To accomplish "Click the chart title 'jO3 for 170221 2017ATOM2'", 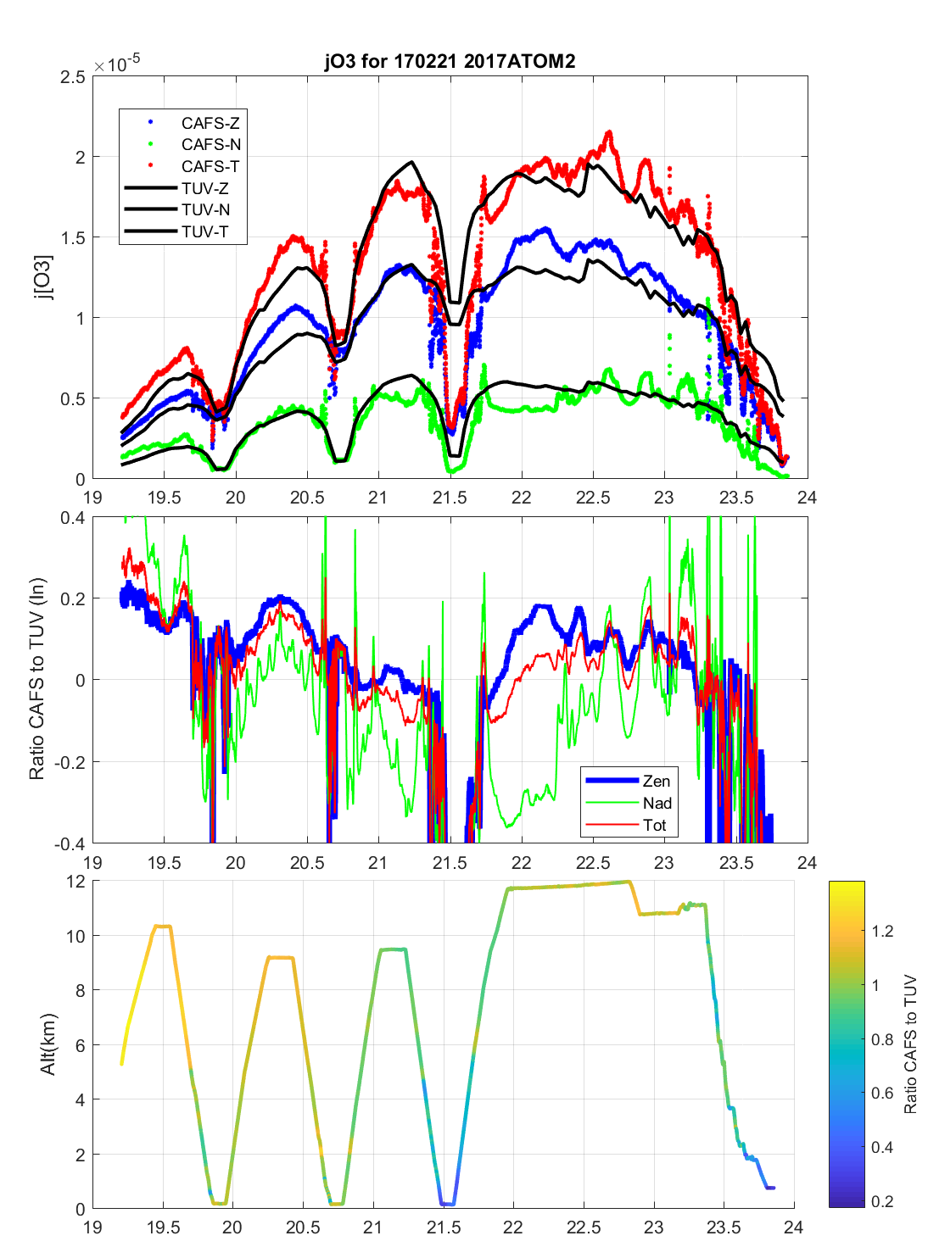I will [x=450, y=61].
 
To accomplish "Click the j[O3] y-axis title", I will [x=43, y=277].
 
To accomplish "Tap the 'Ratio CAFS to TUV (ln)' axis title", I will [x=36, y=679].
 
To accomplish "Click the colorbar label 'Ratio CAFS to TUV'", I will [x=910, y=1044].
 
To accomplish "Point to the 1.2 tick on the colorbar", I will [x=882, y=931].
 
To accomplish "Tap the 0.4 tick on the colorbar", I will [x=882, y=1147].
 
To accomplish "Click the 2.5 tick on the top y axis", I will [x=73, y=77].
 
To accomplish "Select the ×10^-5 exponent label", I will [x=117, y=64].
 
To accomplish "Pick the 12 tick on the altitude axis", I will [x=76, y=882].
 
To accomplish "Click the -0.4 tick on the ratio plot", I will [x=70, y=843].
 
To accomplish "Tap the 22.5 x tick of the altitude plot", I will [x=584, y=1227].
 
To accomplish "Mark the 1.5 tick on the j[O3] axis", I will [x=73, y=238].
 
